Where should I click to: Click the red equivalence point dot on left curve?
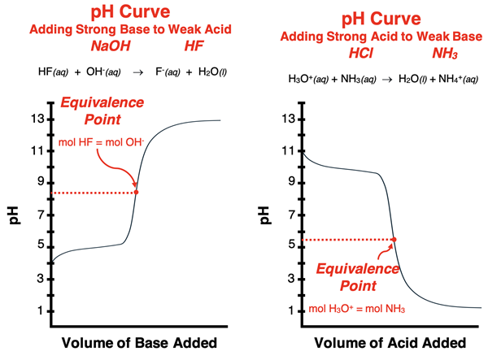pyautogui.click(x=136, y=193)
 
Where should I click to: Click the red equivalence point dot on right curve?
pyautogui.click(x=394, y=239)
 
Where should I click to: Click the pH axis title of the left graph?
pyautogui.click(x=14, y=215)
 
